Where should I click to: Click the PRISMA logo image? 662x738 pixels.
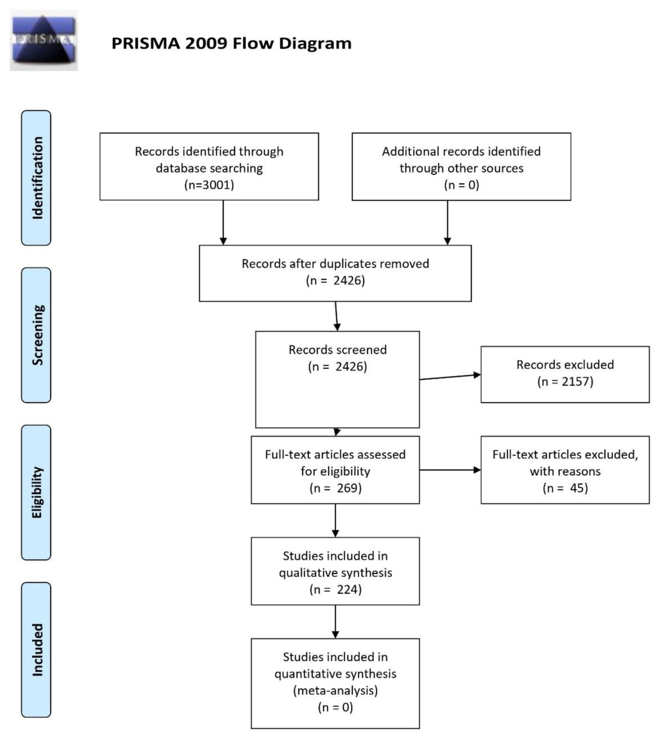point(44,40)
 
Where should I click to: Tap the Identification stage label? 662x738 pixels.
point(36,178)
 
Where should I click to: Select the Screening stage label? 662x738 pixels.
point(36,335)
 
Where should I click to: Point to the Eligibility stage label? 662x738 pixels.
point(36,493)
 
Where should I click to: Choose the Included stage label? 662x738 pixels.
point(36,650)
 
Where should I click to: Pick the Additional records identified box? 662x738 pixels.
point(461,166)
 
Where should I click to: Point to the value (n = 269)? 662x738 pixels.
point(335,488)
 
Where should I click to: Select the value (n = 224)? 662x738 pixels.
point(335,589)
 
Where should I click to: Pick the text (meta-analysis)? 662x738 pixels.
point(335,690)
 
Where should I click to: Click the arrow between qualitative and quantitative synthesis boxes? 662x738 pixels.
point(335,622)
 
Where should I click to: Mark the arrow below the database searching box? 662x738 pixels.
point(223,222)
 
